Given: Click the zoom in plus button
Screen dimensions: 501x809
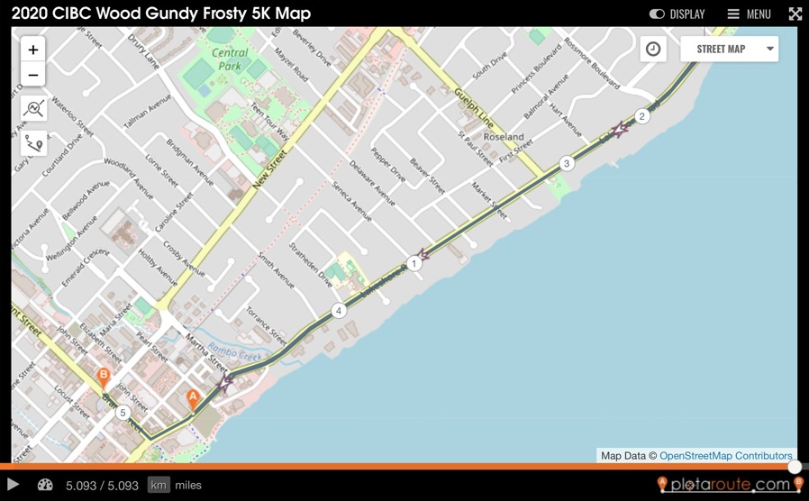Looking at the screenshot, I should click(x=33, y=50).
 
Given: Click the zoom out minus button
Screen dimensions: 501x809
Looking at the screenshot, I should click(x=33, y=75).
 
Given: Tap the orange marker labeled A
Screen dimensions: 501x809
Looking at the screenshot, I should click(x=193, y=398).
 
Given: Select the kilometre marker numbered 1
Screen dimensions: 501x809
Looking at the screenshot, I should click(x=414, y=264).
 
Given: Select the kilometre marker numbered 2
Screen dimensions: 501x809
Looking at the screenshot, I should click(x=641, y=116).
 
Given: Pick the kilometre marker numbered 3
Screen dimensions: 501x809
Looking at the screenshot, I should click(x=567, y=164).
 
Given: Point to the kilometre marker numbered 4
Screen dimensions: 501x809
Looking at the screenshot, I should click(x=339, y=311).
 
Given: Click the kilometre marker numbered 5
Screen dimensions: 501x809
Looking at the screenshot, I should click(x=123, y=414).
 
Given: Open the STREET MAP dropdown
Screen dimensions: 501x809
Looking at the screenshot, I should click(x=729, y=49).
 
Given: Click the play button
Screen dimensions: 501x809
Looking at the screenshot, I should click(x=14, y=485).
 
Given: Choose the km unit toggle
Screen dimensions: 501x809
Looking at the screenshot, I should click(x=159, y=485).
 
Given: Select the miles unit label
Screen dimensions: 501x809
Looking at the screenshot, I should click(x=188, y=485).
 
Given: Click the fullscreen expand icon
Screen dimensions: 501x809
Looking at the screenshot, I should click(x=795, y=14).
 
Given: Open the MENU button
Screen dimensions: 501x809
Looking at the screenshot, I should click(x=750, y=14).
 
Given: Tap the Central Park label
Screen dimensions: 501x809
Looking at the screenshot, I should click(x=231, y=59).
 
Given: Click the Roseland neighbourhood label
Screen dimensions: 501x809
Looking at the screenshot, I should click(x=504, y=137).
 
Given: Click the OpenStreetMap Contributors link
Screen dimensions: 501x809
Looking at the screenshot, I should click(x=725, y=456).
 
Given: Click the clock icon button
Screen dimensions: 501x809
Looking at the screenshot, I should click(x=653, y=49).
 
